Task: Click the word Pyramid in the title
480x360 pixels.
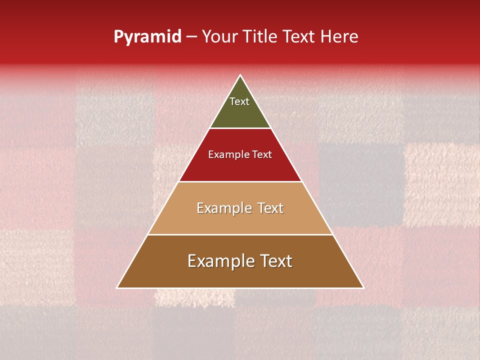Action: pyautogui.click(x=147, y=37)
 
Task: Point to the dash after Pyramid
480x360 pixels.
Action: pyautogui.click(x=191, y=37)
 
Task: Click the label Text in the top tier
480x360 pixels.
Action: pyautogui.click(x=239, y=101)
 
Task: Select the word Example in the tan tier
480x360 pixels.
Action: pyautogui.click(x=223, y=208)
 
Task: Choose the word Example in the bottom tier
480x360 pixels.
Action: pyautogui.click(x=219, y=261)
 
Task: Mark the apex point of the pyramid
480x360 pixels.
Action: pyautogui.click(x=240, y=75)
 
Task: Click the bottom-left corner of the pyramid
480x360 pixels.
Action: pyautogui.click(x=117, y=287)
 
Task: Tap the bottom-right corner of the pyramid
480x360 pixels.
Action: pyautogui.click(x=363, y=287)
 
